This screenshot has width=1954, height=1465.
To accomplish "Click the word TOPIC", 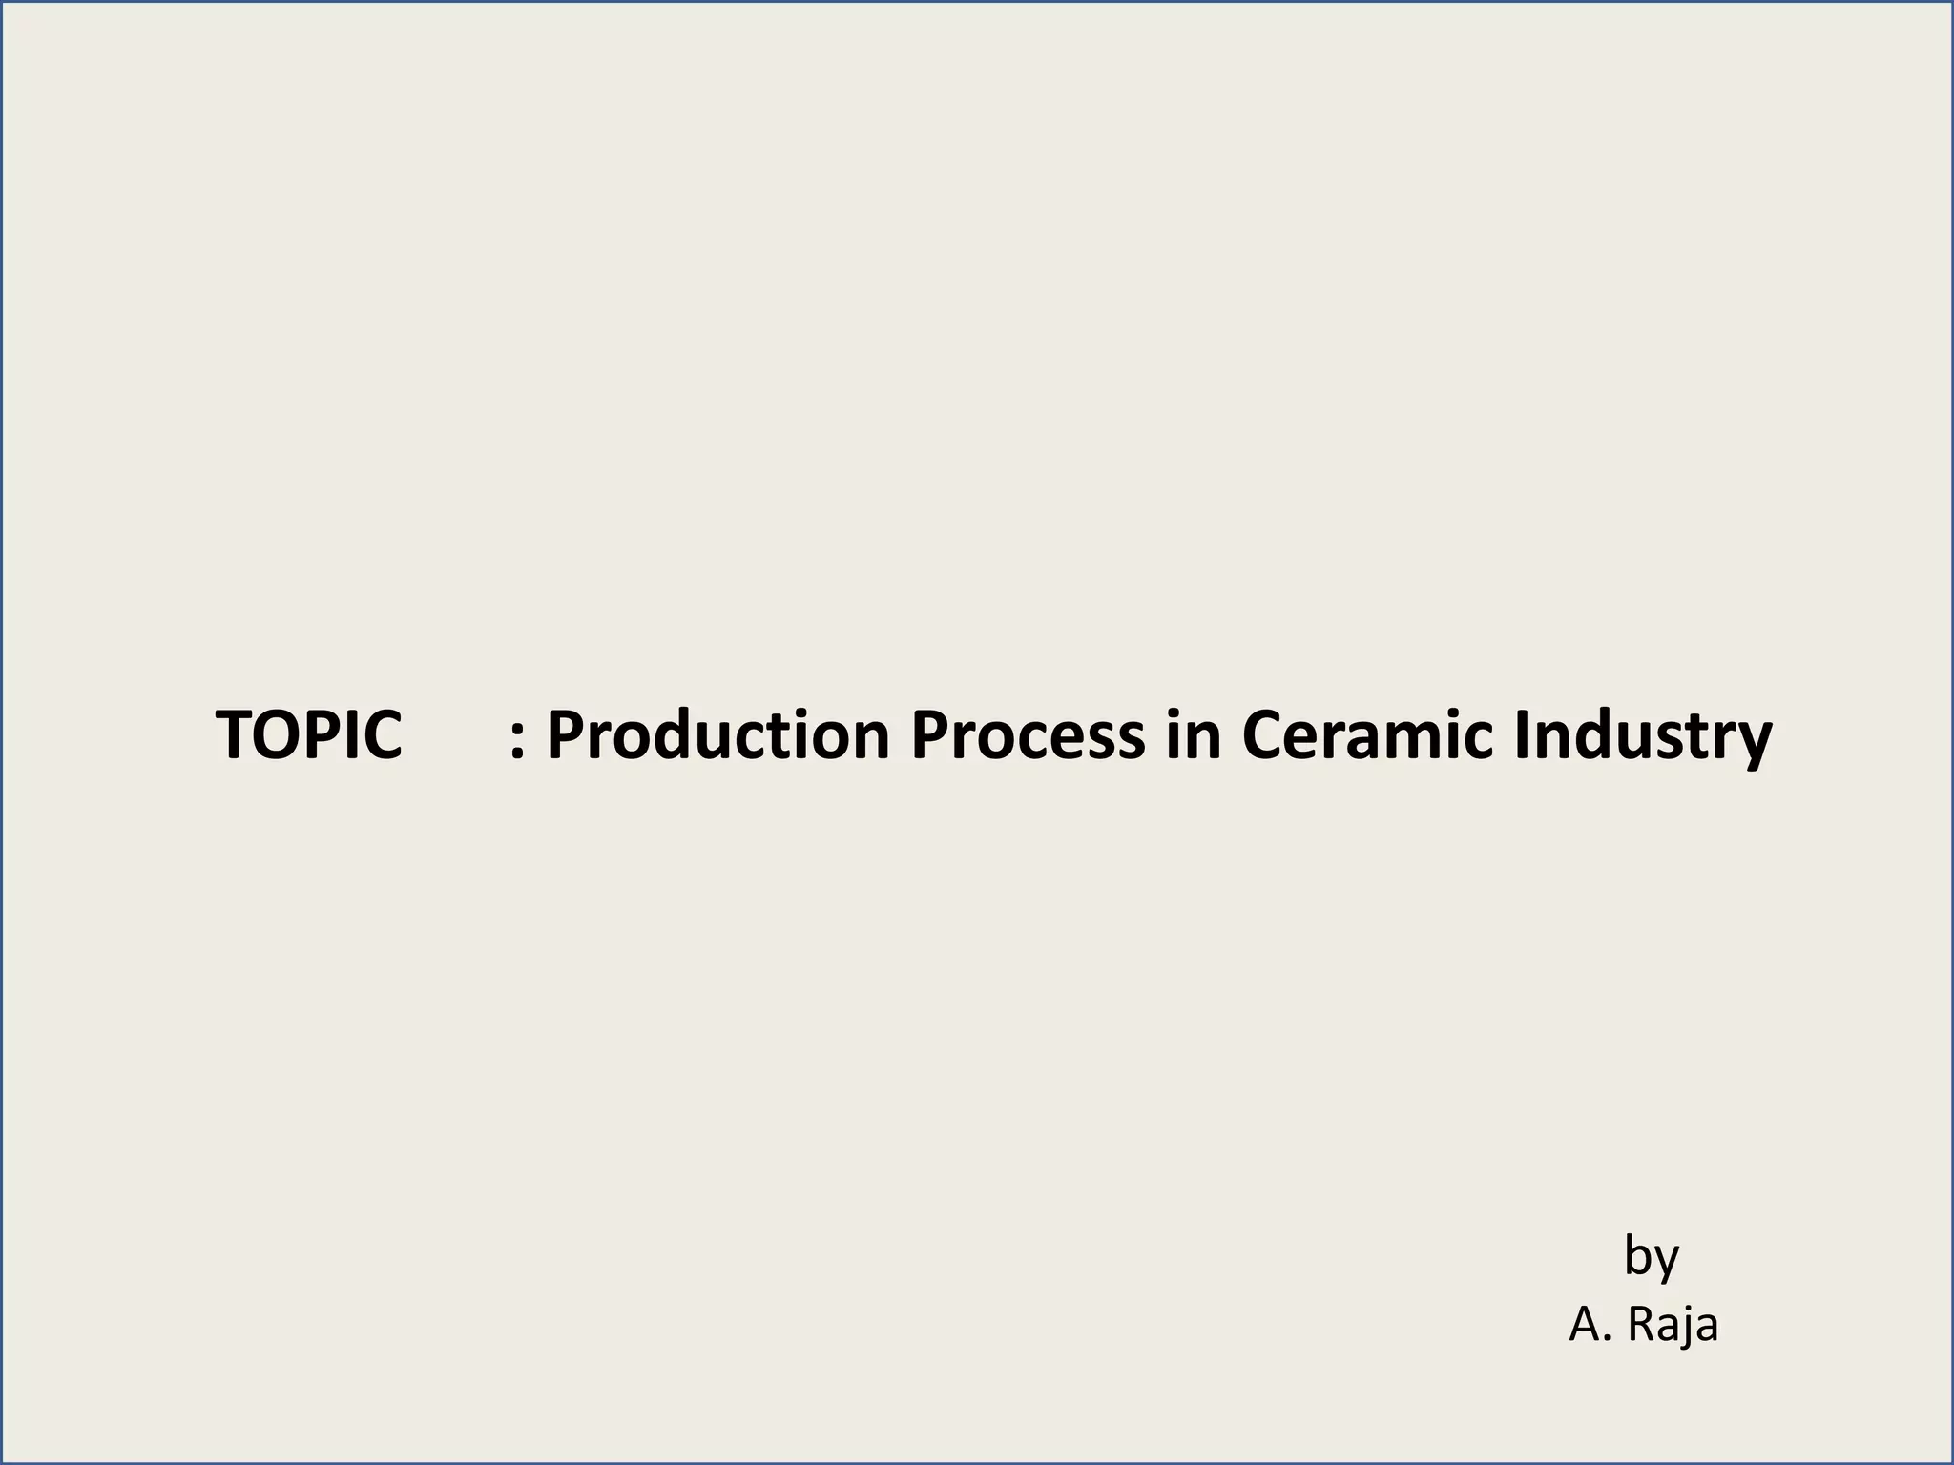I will click(x=308, y=735).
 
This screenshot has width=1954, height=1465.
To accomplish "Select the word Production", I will click(x=717, y=735).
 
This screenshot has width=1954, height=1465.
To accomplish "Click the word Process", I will click(x=1028, y=735).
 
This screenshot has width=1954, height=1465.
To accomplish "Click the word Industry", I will click(x=1642, y=735).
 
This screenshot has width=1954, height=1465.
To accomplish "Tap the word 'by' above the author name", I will click(x=1651, y=1257).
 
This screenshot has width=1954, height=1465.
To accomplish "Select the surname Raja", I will click(x=1672, y=1325).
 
